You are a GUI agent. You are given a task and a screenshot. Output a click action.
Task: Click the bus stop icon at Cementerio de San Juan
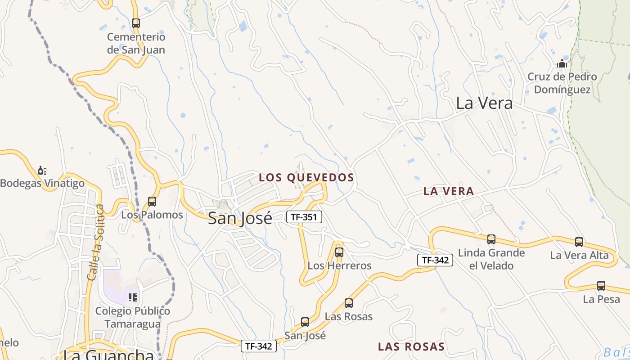[x=136, y=23]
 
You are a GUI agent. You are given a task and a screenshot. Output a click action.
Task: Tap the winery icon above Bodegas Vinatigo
[x=42, y=170]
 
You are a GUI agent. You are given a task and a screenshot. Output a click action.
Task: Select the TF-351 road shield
[x=304, y=217]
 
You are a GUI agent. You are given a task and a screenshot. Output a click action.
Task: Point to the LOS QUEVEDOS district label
[x=306, y=178]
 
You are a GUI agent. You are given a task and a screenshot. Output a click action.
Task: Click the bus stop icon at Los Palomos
[x=152, y=201]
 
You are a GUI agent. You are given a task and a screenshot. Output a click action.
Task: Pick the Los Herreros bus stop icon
[x=339, y=252]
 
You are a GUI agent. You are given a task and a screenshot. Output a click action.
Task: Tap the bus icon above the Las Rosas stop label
[x=349, y=303]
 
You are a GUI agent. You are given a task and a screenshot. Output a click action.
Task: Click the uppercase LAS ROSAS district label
[x=411, y=346]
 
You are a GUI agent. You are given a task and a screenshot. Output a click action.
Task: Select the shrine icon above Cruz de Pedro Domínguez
[x=562, y=63]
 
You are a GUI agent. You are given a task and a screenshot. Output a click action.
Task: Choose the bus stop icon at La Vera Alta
[x=579, y=242]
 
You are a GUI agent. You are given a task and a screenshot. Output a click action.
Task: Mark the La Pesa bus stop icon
[x=601, y=285]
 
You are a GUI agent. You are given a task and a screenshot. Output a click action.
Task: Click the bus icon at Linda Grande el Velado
[x=491, y=239]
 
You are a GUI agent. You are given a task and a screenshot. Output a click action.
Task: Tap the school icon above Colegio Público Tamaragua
[x=132, y=297]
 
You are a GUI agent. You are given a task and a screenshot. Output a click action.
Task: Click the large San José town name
[x=240, y=218]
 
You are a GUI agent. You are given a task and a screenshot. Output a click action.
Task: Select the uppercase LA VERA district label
[x=449, y=191]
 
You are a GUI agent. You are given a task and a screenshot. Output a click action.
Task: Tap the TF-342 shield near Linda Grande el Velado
[x=435, y=260]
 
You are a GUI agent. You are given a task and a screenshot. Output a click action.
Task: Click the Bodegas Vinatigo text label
[x=42, y=183]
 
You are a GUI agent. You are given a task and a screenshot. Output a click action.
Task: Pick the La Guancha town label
[x=108, y=354]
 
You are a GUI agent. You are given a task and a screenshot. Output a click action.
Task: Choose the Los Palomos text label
[x=152, y=215]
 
